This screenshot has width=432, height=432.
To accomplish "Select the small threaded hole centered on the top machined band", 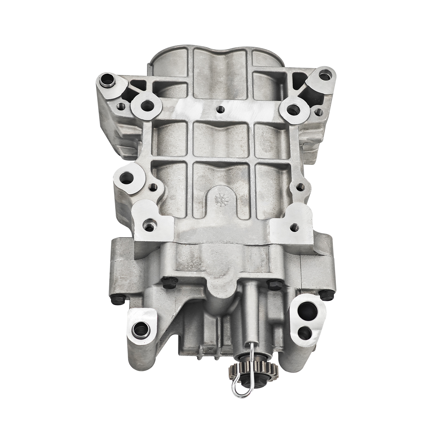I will [x=220, y=109].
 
